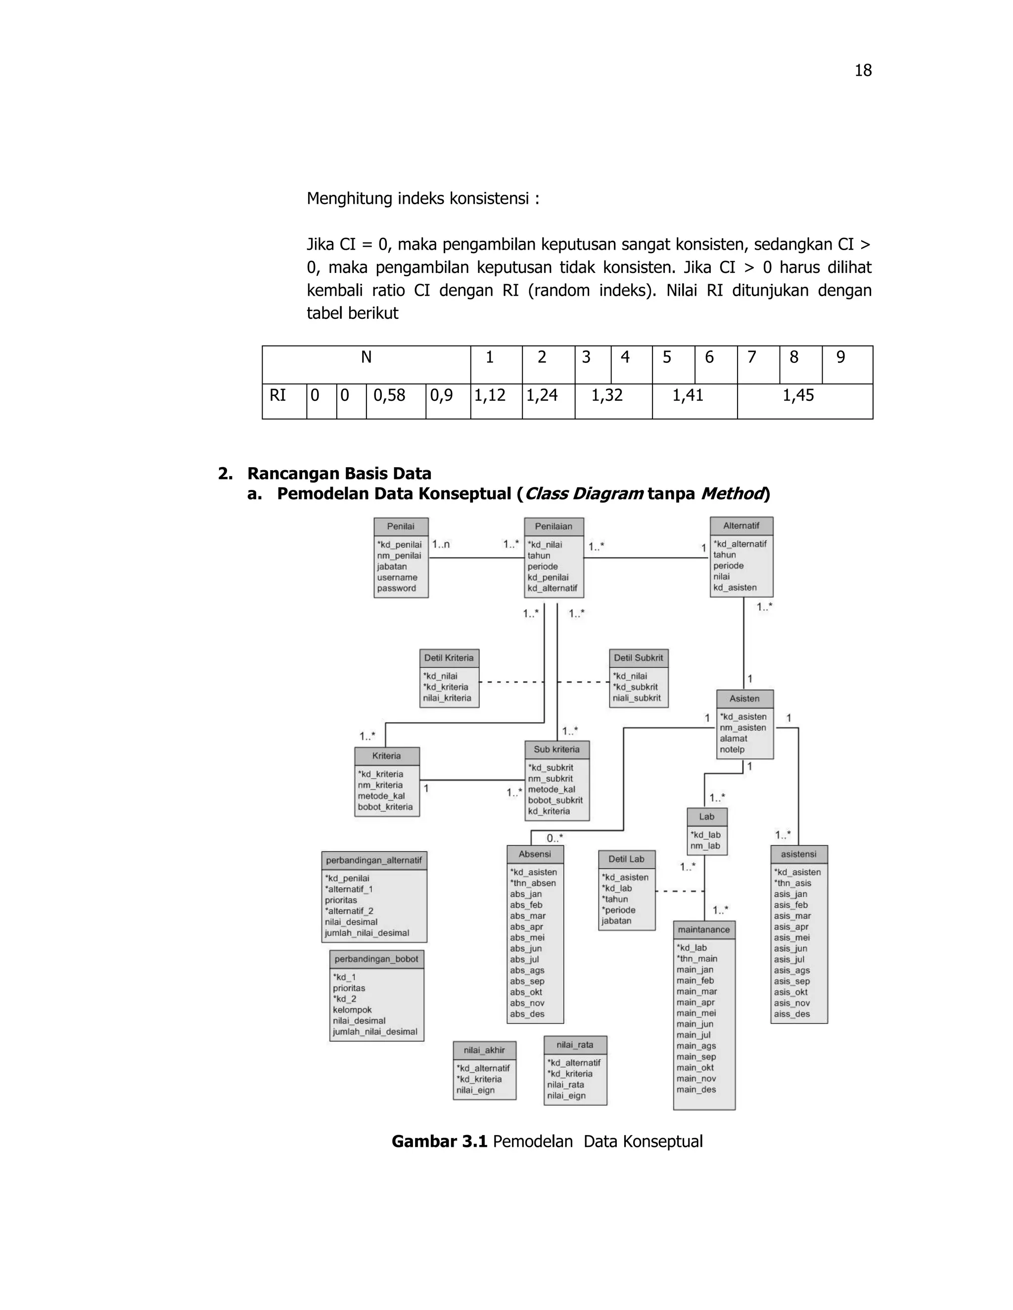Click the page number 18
point(862,71)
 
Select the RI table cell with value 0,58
point(389,395)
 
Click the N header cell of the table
point(366,358)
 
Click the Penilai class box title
point(400,526)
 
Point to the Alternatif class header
point(741,526)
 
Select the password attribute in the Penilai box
point(396,588)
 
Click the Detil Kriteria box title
point(449,658)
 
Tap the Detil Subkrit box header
point(639,658)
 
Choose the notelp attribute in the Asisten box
point(732,750)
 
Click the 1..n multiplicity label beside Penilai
point(441,545)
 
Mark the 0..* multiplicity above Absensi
point(554,838)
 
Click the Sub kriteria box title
point(556,750)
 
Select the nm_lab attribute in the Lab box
point(705,846)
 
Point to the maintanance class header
point(704,930)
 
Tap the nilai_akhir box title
point(484,1050)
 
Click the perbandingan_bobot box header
point(376,959)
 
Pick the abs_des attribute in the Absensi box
point(527,1014)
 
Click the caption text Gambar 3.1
point(439,1141)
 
